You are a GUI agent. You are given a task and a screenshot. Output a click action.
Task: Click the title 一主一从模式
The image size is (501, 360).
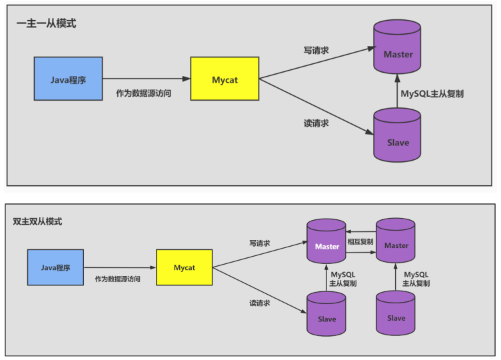46,23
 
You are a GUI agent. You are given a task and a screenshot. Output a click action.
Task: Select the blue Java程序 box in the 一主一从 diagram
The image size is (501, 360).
68,79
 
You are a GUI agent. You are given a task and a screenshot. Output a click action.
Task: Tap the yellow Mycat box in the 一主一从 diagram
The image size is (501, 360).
225,79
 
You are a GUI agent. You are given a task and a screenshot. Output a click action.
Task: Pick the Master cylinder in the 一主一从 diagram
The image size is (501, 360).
398,50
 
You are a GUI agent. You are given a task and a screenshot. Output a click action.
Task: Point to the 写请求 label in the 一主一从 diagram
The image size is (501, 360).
315,51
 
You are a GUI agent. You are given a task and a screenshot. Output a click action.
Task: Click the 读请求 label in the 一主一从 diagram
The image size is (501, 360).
315,123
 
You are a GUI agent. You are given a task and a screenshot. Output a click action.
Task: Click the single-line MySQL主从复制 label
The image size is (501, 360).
432,94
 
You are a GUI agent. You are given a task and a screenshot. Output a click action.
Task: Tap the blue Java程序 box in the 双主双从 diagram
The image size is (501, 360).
56,267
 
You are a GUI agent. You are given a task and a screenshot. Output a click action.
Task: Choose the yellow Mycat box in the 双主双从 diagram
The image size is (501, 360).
185,267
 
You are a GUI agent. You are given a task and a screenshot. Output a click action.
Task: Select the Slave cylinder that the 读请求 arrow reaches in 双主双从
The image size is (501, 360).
327,314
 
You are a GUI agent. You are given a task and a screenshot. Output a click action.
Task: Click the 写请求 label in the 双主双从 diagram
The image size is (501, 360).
259,243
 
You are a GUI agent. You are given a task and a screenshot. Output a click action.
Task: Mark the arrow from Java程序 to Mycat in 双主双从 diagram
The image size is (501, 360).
120,267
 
